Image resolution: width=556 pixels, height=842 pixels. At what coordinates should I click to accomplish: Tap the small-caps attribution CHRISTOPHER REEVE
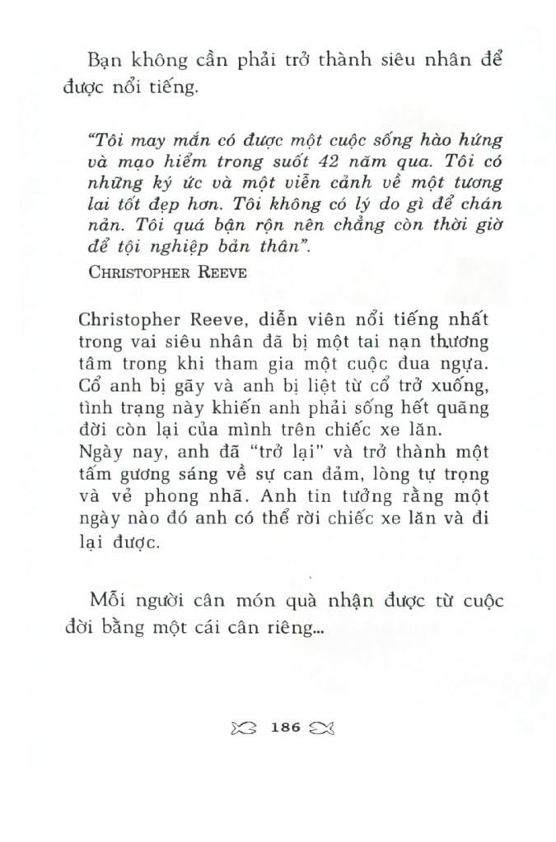[166, 273]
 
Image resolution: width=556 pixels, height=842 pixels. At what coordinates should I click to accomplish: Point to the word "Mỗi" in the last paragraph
[107, 600]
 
